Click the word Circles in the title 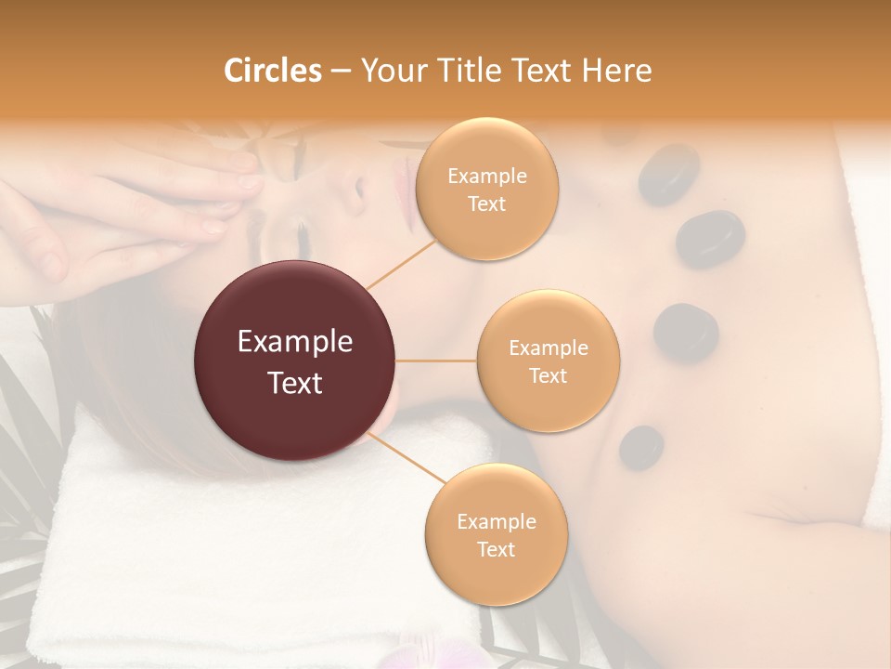coord(273,71)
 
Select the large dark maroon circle coord(295,361)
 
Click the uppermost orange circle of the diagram coord(487,190)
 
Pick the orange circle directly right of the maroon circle coord(548,361)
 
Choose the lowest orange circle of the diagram coord(496,534)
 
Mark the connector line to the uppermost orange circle coord(401,263)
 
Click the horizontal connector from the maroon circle coord(436,361)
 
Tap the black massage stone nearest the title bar coord(668,174)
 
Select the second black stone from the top coord(710,239)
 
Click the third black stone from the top coord(686,332)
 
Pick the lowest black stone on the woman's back coord(641,447)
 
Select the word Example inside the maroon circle coord(295,342)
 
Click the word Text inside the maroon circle coord(295,382)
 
